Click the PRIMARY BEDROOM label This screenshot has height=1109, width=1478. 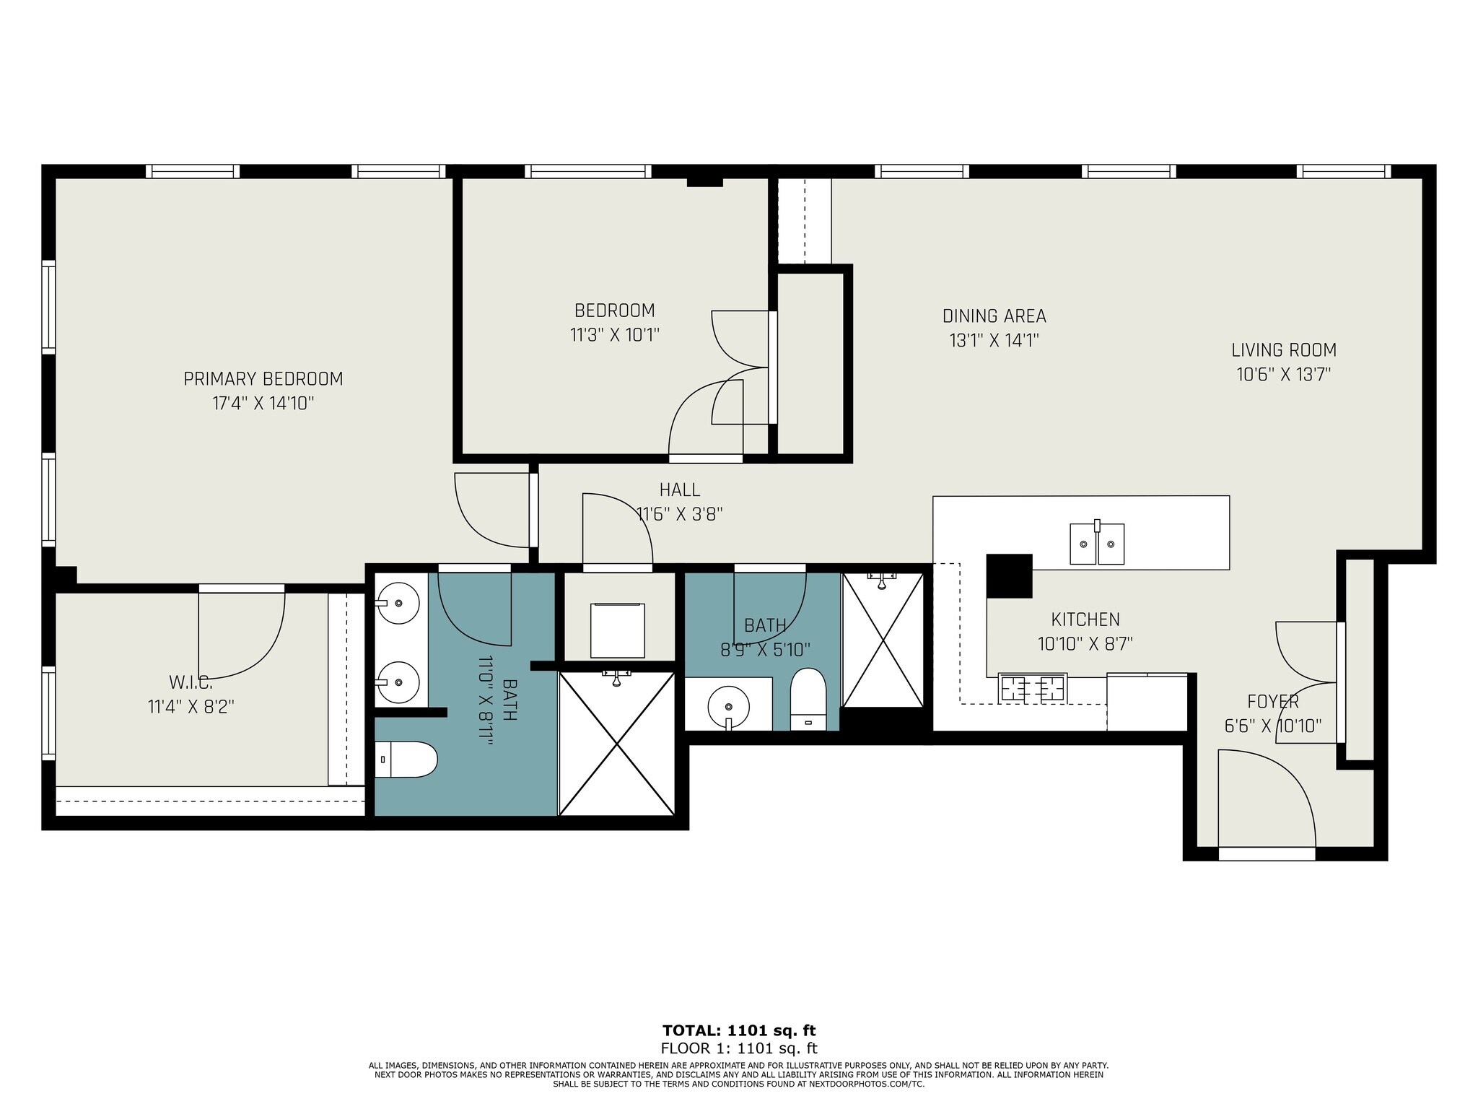click(263, 379)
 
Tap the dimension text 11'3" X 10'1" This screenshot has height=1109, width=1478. click(615, 335)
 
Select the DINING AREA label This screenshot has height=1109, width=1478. click(994, 316)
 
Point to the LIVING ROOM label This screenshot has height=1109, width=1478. click(1284, 350)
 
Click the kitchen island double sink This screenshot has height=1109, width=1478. click(1097, 544)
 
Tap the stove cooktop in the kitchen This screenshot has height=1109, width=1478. click(1033, 687)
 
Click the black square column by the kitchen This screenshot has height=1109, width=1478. click(1009, 575)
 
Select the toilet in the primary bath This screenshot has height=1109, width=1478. click(407, 759)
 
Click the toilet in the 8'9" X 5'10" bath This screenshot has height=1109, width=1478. click(808, 700)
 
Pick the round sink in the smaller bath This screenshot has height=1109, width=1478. click(728, 706)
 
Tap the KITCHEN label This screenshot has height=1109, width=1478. click(1085, 619)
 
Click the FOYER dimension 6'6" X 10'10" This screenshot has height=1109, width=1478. click(1274, 726)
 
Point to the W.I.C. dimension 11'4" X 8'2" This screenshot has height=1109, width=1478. click(191, 707)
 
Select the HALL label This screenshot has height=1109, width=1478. click(680, 490)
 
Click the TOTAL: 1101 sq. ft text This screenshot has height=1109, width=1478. click(739, 1031)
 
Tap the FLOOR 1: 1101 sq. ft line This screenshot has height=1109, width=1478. click(739, 1049)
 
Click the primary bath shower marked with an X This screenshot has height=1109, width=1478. click(616, 744)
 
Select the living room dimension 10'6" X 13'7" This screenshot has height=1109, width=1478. click(1285, 375)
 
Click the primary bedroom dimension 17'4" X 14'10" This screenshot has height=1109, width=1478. click(263, 404)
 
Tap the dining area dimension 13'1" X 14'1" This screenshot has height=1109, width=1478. click(994, 341)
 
